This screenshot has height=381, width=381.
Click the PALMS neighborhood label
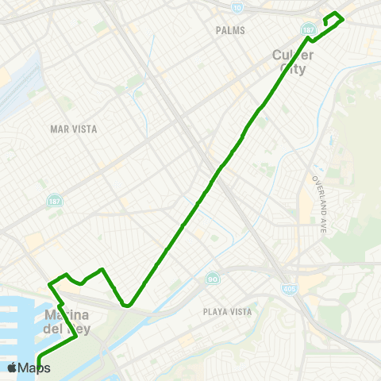click(x=230, y=30)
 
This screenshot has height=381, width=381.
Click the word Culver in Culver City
click(x=293, y=55)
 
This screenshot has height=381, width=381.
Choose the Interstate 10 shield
click(x=239, y=7)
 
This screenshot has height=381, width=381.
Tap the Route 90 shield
click(x=212, y=279)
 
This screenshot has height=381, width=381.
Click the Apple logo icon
click(x=12, y=368)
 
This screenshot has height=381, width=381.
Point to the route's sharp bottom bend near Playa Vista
click(x=125, y=304)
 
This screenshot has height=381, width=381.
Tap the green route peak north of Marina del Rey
click(x=102, y=270)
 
